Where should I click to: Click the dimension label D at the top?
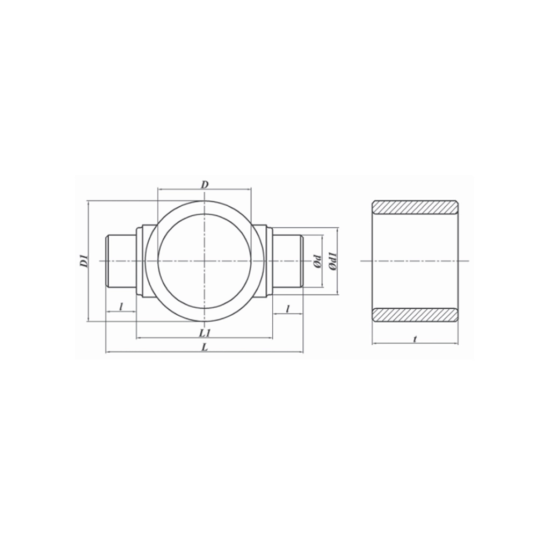[204, 185]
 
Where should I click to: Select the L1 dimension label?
[204, 333]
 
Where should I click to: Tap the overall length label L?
[204, 347]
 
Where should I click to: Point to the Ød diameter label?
[317, 262]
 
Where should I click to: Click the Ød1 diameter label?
[332, 261]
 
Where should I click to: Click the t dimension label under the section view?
[415, 339]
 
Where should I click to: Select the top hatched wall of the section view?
[415, 206]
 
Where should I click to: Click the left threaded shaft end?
[121, 262]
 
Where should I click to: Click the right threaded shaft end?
[288, 262]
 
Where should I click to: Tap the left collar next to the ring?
[146, 262]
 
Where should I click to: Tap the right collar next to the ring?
[264, 262]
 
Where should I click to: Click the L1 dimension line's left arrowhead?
[139, 338]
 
